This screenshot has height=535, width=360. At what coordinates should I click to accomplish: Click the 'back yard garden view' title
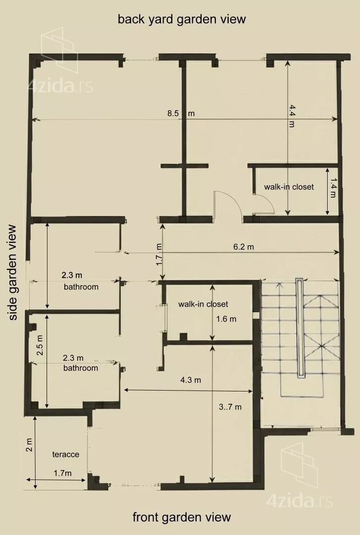[182, 19]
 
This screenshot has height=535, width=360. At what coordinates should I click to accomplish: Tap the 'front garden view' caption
[182, 517]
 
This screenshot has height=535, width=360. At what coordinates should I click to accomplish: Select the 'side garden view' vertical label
[13, 272]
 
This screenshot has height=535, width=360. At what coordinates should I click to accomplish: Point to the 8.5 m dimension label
[181, 113]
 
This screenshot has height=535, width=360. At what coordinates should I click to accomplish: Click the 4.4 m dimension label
[291, 116]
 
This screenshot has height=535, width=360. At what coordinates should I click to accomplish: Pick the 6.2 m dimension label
[244, 246]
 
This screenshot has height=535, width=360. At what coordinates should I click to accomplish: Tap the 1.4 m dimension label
[333, 188]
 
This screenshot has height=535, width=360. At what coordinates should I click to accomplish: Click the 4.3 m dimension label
[191, 380]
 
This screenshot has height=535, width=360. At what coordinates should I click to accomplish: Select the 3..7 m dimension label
[230, 407]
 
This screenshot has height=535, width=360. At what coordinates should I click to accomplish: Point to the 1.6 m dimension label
[226, 319]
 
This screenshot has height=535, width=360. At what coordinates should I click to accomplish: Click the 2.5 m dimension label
[40, 345]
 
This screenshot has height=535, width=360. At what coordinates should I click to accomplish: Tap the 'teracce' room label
[65, 454]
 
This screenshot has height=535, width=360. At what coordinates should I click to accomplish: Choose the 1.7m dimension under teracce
[63, 473]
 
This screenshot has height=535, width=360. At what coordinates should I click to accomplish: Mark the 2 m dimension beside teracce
[29, 445]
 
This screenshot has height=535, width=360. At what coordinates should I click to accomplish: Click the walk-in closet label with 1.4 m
[289, 187]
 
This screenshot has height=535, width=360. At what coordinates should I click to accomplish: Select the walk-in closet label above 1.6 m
[203, 304]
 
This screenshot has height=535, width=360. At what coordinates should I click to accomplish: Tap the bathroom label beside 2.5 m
[81, 368]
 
